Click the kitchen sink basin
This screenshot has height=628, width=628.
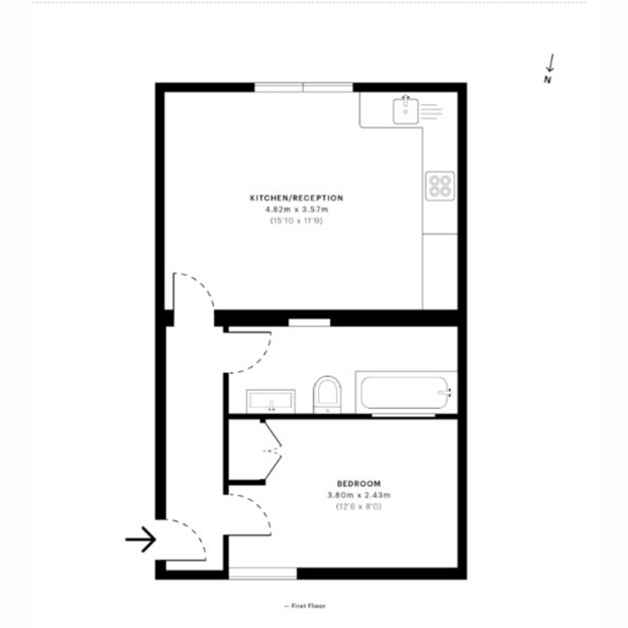pyautogui.click(x=405, y=111)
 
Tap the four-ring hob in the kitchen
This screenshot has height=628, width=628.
pyautogui.click(x=440, y=186)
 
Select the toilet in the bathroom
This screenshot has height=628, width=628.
pyautogui.click(x=327, y=395)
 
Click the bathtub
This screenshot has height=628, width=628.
pyautogui.click(x=406, y=392)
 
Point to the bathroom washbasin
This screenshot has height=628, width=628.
pyautogui.click(x=271, y=401)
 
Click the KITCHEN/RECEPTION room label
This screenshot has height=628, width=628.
pyautogui.click(x=297, y=198)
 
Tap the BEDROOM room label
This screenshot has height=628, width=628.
pyautogui.click(x=358, y=484)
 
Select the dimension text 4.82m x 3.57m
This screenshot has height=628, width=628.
pyautogui.click(x=297, y=209)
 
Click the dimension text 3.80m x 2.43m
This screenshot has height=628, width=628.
pyautogui.click(x=359, y=496)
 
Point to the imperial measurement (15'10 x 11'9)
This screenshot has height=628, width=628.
pyautogui.click(x=296, y=221)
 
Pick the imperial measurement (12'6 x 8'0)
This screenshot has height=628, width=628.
pyautogui.click(x=358, y=507)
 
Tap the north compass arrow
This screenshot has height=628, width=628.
pyautogui.click(x=550, y=63)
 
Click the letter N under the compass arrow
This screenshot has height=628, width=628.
pyautogui.click(x=547, y=80)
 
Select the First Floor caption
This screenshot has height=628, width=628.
pyautogui.click(x=305, y=606)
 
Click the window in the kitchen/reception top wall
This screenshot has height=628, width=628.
pyautogui.click(x=304, y=87)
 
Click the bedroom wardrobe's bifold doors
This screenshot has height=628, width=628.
pyautogui.click(x=272, y=451)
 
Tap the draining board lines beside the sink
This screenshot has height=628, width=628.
pyautogui.click(x=431, y=111)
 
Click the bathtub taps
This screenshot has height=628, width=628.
pyautogui.click(x=445, y=392)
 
